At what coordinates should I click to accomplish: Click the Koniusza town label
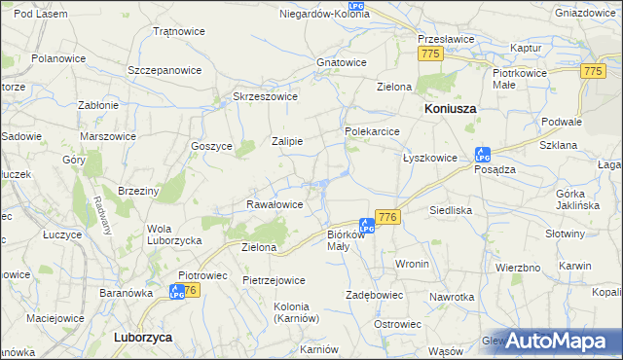click(450, 109)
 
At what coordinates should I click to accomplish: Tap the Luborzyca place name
click(143, 337)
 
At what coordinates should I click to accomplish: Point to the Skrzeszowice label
click(265, 96)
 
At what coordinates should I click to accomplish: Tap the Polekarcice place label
click(374, 130)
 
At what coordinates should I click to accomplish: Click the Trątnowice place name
click(178, 31)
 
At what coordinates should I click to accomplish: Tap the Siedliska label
click(451, 209)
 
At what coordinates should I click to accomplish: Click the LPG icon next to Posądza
click(481, 154)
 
